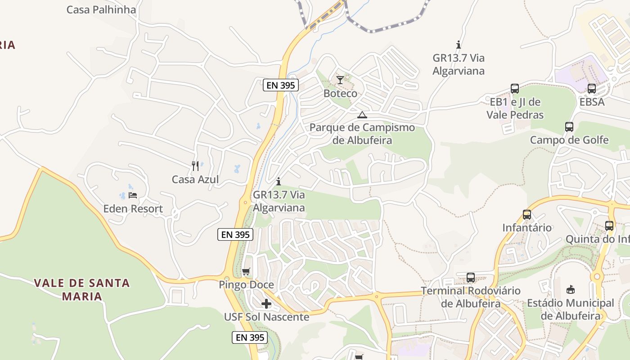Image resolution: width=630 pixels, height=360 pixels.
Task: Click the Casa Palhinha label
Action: click(101, 9)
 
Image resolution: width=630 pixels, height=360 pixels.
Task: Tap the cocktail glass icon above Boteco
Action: click(340, 81)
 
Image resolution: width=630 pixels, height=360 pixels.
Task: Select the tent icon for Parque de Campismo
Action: click(362, 115)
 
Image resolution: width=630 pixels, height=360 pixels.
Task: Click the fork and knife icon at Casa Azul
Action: click(195, 166)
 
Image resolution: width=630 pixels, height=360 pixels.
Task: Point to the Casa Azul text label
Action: click(195, 180)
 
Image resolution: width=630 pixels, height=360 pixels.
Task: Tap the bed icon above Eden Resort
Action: click(133, 195)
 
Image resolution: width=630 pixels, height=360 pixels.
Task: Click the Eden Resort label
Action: click(133, 209)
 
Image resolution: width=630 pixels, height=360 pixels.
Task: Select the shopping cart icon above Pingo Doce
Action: click(246, 271)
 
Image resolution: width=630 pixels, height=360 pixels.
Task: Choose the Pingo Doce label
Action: click(246, 285)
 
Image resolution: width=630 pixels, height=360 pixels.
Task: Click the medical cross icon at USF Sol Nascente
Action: click(266, 304)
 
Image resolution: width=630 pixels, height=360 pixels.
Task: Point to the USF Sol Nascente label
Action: click(266, 317)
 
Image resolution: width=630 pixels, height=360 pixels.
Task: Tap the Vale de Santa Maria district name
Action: click(82, 289)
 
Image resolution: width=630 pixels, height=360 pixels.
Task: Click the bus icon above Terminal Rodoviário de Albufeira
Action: click(471, 277)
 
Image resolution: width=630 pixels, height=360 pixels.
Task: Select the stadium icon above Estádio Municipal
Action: click(571, 289)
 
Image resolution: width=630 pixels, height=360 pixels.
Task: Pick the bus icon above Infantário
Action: click(527, 215)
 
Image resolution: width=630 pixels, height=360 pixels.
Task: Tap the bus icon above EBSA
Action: click(592, 89)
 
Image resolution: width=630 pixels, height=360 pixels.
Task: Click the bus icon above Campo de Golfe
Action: click(569, 127)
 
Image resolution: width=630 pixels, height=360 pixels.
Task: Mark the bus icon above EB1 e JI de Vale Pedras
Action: click(515, 89)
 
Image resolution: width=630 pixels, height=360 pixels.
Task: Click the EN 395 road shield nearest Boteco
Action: click(281, 85)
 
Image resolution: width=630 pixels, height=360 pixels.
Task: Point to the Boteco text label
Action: click(340, 94)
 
